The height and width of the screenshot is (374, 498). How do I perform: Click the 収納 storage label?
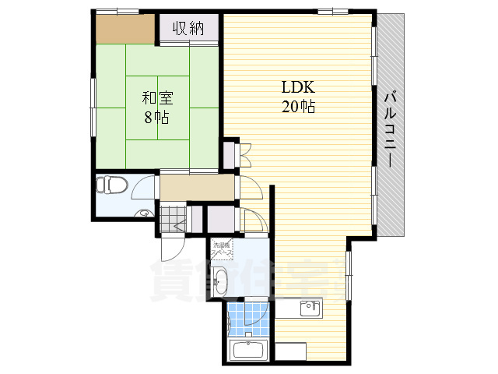point(188,29)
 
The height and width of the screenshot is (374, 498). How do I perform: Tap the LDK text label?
point(297,89)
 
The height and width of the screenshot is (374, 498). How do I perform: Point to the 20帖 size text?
point(297,108)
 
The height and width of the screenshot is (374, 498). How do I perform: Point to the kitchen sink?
point(310,309)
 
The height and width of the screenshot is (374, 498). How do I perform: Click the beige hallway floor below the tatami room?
point(197,187)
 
